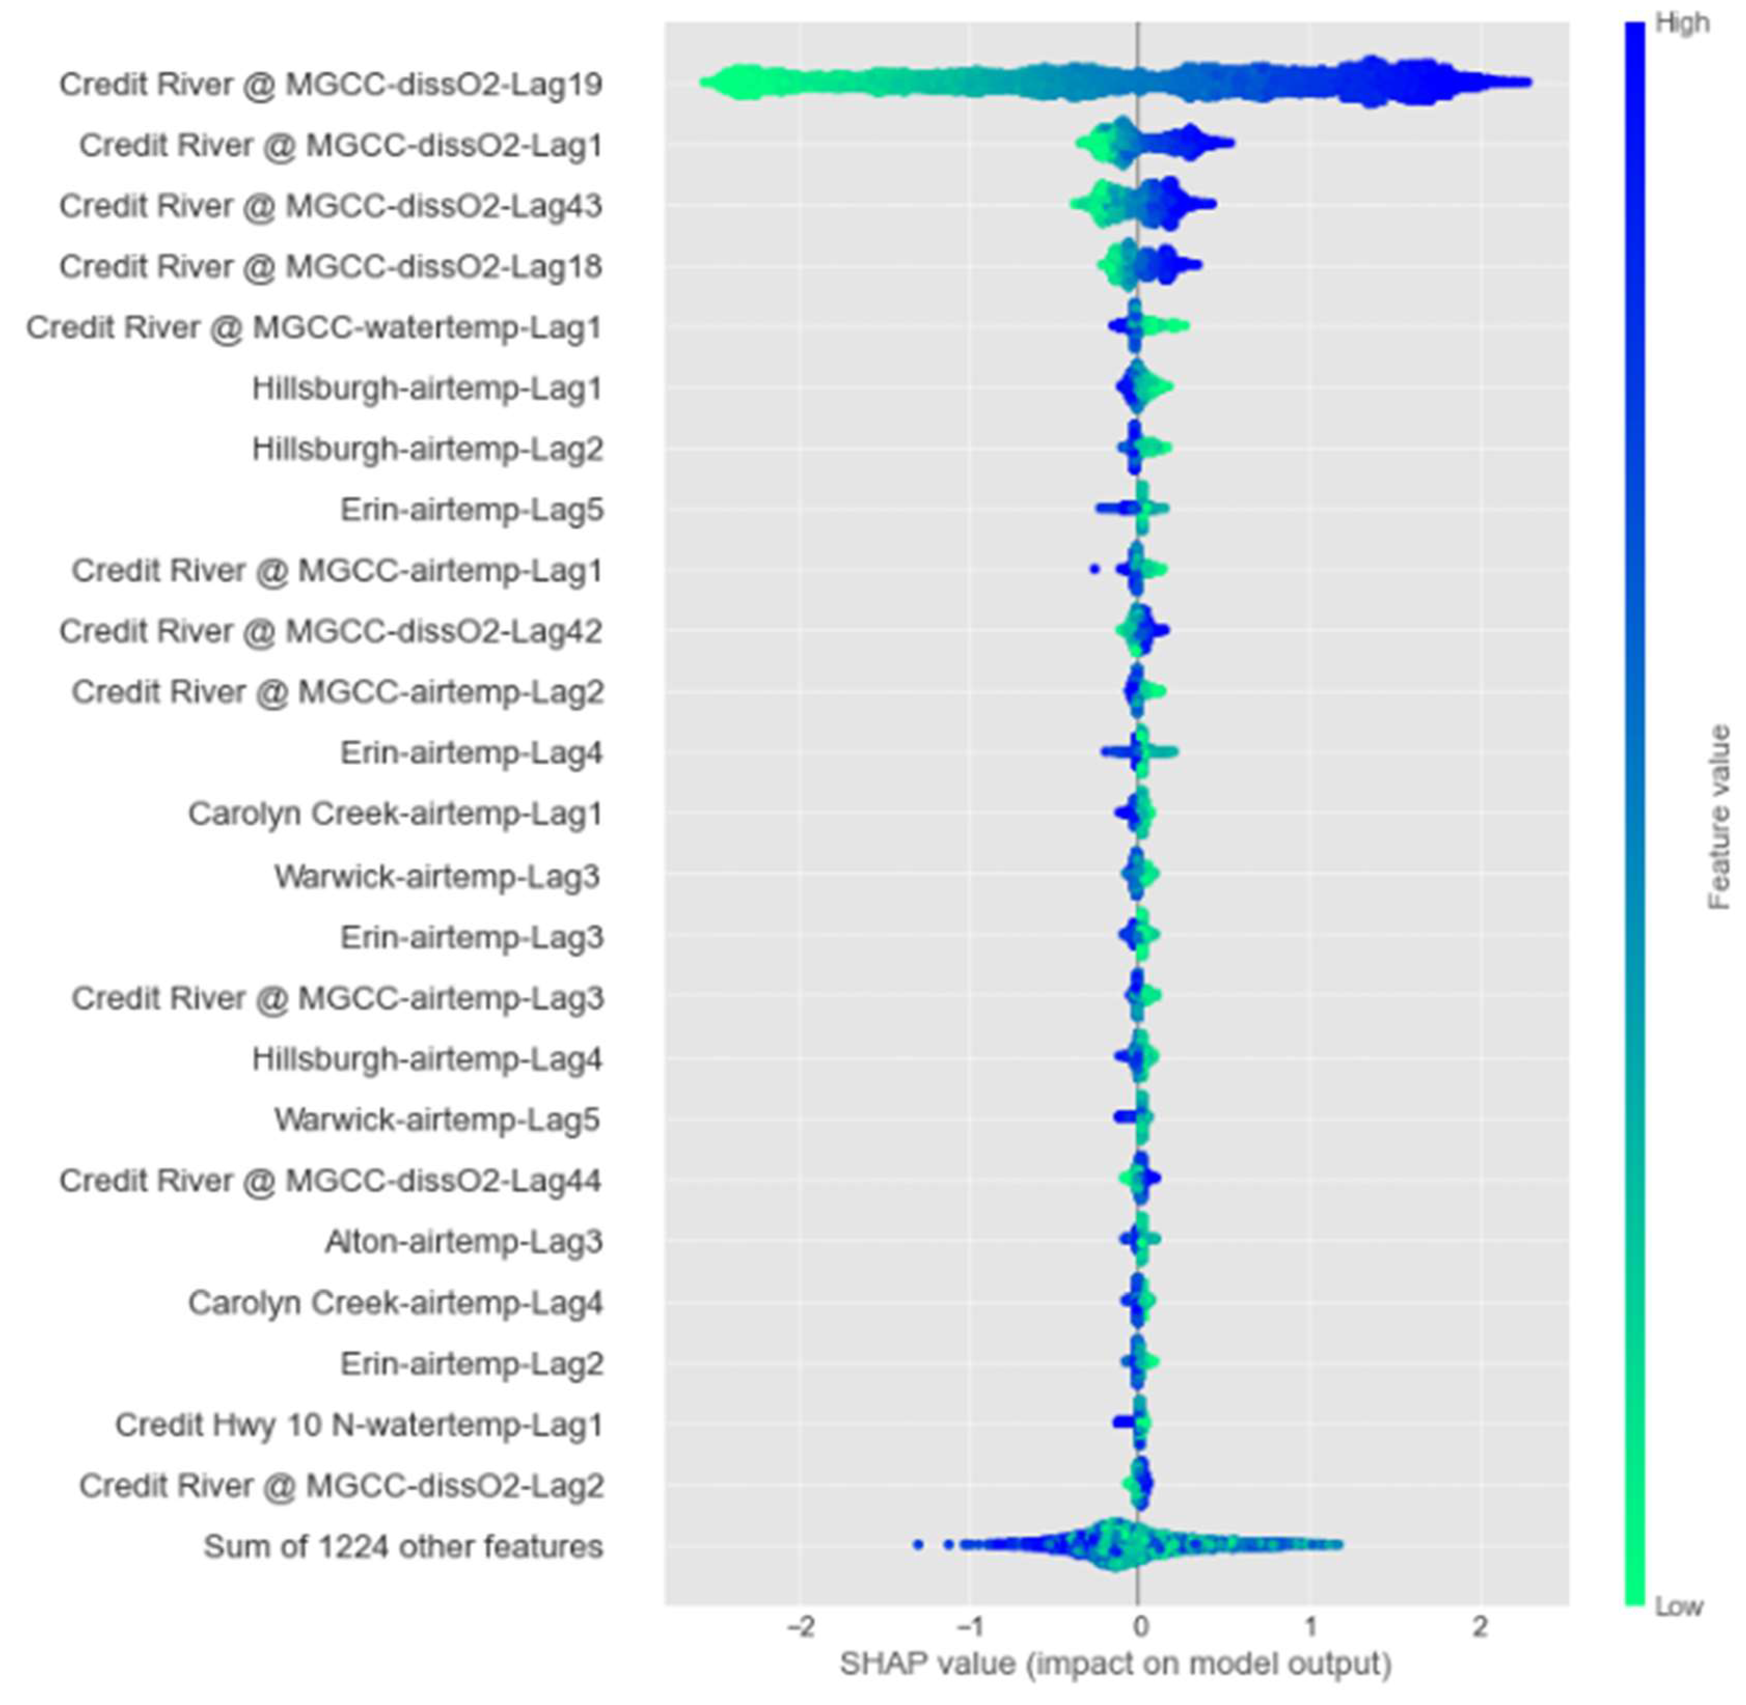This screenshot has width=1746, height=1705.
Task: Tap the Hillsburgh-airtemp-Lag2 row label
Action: point(427,449)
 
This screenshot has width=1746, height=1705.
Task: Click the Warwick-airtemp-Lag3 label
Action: point(437,876)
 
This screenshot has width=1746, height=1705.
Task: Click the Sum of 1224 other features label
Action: point(403,1547)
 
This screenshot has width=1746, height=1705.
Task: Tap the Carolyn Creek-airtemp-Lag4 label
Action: point(395,1303)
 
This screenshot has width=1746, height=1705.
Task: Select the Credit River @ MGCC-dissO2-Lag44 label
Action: point(331,1181)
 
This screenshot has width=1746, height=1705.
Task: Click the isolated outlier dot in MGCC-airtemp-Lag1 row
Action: point(1093,568)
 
